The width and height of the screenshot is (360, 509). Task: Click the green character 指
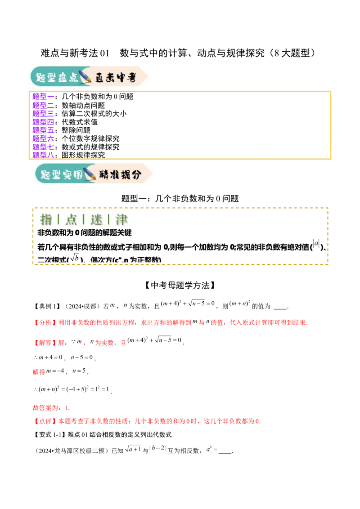[x=46, y=219]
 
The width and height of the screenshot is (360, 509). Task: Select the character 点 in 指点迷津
[x=71, y=219]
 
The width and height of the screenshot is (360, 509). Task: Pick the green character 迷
[x=96, y=219]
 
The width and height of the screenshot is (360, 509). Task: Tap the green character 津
[x=121, y=219]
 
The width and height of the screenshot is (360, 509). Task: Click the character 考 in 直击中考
[x=131, y=78]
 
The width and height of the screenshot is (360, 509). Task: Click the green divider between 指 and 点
[x=59, y=219]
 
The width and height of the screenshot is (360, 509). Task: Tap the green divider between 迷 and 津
[x=109, y=219]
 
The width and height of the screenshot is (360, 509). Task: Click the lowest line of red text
[x=148, y=421]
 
